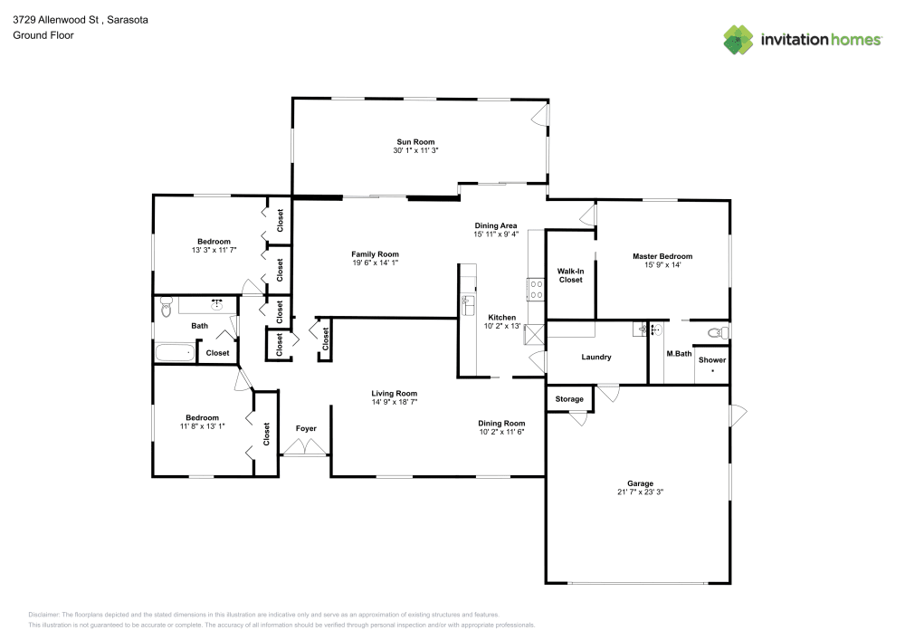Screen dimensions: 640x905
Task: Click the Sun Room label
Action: [415, 142]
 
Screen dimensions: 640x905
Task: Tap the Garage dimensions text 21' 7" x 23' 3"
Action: [640, 492]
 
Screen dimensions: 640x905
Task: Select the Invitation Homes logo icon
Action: [738, 40]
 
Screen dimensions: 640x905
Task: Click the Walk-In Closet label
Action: [570, 275]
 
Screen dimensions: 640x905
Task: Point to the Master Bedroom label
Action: [662, 256]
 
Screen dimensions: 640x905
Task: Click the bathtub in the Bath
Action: [175, 352]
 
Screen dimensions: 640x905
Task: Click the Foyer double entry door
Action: [306, 447]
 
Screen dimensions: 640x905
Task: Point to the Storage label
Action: [569, 399]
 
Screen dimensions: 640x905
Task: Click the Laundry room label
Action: [596, 357]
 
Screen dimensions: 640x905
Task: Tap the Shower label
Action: [711, 360]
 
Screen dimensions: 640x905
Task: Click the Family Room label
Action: [375, 254]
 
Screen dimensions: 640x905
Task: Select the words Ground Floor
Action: [43, 35]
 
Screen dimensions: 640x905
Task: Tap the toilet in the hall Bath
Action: [165, 309]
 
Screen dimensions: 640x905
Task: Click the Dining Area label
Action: [496, 225]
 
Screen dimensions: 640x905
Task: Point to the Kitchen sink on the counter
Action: [468, 303]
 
